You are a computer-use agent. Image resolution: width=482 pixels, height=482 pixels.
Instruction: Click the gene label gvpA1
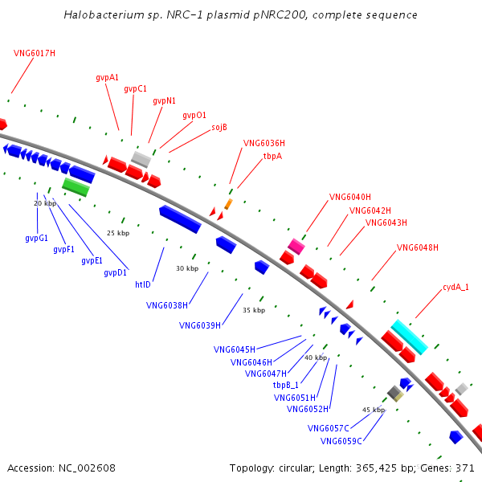(107, 77)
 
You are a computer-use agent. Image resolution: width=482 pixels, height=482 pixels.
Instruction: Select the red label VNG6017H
(35, 54)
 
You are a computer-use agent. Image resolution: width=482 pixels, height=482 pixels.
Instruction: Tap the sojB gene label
(219, 127)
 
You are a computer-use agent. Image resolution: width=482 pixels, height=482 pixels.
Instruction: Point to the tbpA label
(272, 156)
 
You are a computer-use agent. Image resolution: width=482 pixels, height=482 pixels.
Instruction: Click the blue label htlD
(143, 284)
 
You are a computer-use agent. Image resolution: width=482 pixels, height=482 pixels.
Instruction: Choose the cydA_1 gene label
(455, 287)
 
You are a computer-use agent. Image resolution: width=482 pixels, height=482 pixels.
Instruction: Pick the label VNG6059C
(341, 441)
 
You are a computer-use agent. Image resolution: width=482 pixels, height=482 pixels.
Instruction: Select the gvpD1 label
(115, 272)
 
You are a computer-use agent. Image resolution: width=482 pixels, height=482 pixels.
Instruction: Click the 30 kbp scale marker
(187, 268)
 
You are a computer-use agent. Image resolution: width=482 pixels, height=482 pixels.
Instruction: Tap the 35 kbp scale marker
(254, 310)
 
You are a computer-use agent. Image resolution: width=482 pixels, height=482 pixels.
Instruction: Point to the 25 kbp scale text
(118, 233)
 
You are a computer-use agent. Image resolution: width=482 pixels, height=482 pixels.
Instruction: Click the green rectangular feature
(76, 187)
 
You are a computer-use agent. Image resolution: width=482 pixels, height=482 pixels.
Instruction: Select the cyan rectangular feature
(410, 337)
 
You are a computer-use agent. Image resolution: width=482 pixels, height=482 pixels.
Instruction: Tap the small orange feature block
(228, 204)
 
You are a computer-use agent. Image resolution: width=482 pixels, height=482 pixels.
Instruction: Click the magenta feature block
(296, 247)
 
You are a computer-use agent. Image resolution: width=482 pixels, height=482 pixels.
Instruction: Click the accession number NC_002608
(87, 468)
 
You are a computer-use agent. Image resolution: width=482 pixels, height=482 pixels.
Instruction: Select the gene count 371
(465, 468)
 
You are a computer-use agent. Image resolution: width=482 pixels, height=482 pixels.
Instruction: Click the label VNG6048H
(418, 247)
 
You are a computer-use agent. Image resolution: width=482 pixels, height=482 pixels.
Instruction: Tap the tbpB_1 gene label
(285, 385)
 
